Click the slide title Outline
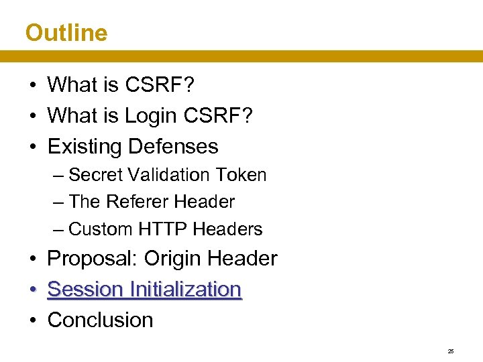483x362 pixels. [x=66, y=32]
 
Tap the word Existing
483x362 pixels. [x=85, y=146]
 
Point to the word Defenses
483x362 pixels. [x=174, y=146]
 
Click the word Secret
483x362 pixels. [x=95, y=175]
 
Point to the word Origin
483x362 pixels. [x=173, y=258]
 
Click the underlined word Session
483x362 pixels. [x=85, y=289]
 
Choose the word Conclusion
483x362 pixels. [x=100, y=320]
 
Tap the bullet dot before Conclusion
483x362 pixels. [x=32, y=320]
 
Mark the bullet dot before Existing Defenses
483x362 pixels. [x=32, y=147]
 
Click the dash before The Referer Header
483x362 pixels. [x=58, y=202]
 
